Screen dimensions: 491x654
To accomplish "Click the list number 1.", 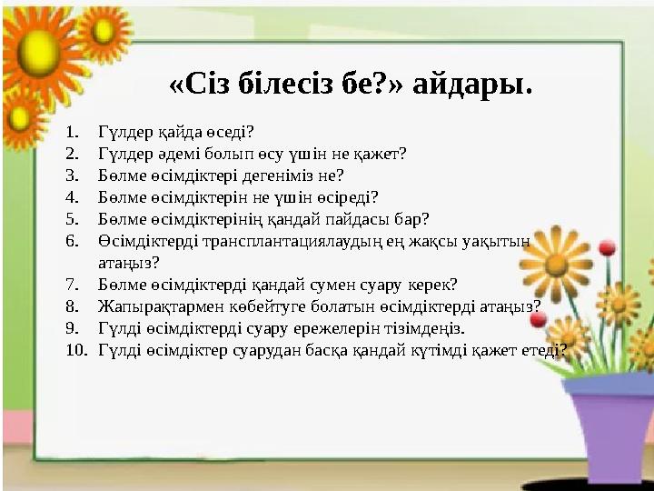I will pyautogui.click(x=74, y=132).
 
